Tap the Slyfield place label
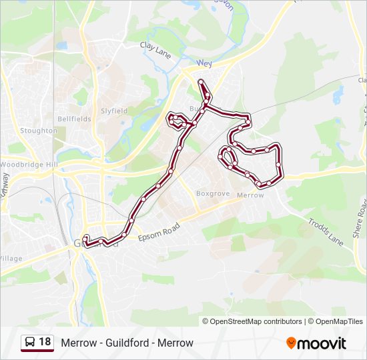click(114, 111)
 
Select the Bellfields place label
click(74, 119)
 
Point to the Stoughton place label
click(39, 131)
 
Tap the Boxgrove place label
click(212, 194)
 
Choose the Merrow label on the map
click(250, 195)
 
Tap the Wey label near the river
click(204, 64)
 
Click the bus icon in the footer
click(30, 343)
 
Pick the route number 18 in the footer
click(45, 342)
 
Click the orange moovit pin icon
click(292, 343)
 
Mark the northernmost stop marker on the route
click(200, 81)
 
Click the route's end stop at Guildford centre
click(86, 238)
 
